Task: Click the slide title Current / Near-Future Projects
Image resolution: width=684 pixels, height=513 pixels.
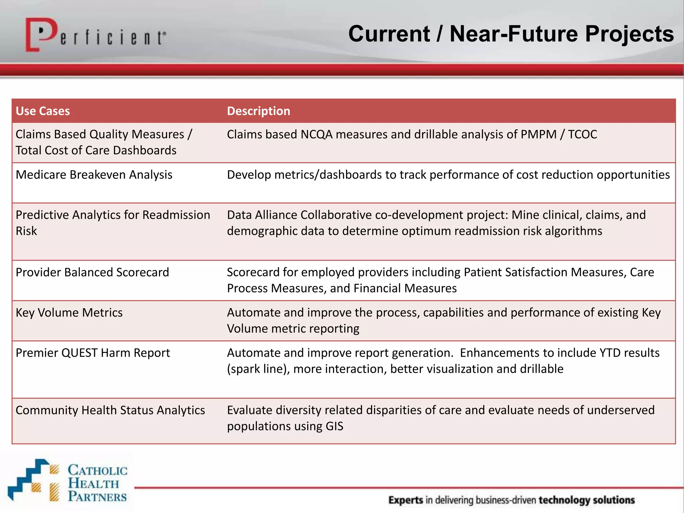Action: [511, 34]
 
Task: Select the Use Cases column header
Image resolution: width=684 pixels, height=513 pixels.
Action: [43, 111]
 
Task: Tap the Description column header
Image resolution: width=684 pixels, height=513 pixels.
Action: [259, 111]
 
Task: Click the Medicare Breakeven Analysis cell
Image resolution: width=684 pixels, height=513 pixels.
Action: [94, 175]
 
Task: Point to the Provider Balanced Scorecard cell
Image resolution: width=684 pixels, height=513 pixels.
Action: [92, 272]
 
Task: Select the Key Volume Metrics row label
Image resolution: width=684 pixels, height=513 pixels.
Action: [69, 313]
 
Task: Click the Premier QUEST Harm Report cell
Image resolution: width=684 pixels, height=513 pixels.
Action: [93, 353]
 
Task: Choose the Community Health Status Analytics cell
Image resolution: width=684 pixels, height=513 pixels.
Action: [110, 410]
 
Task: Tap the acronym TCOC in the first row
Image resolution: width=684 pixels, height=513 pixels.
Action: [582, 134]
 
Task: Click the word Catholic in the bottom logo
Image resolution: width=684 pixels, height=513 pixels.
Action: [98, 470]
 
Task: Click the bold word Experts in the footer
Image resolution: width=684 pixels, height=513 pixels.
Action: [406, 500]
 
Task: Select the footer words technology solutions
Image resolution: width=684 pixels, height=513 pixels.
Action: [586, 500]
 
